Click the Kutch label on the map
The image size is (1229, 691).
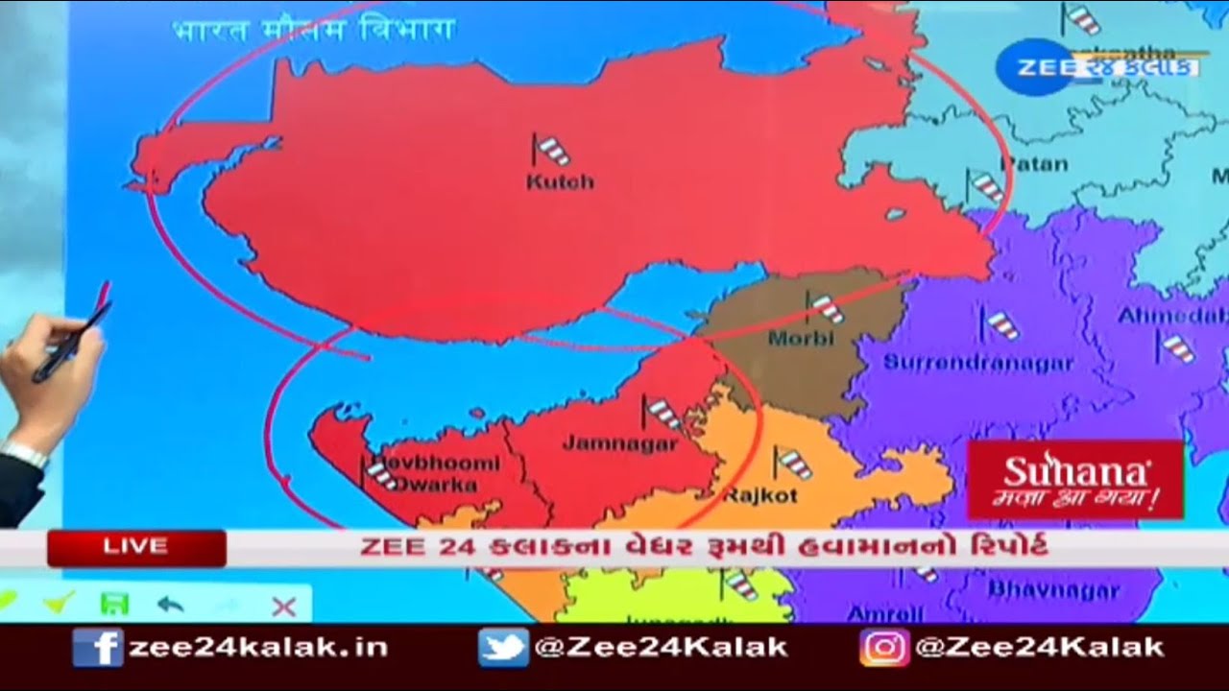(560, 181)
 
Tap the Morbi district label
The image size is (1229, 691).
(801, 339)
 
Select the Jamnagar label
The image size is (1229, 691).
(619, 443)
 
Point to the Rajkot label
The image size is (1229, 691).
(759, 495)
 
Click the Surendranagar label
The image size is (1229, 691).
(977, 363)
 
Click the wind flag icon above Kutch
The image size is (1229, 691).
(550, 150)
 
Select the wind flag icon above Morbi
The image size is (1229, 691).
(823, 307)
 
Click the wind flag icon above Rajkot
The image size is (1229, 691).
(792, 464)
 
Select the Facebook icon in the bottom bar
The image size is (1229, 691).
(97, 648)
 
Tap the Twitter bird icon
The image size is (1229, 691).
(503, 648)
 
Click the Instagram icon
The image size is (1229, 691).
(883, 648)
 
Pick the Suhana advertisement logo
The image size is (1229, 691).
(1074, 479)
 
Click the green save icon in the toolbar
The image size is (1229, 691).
(114, 604)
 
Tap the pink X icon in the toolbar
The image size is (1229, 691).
(283, 606)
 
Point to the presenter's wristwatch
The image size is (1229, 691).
(24, 452)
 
